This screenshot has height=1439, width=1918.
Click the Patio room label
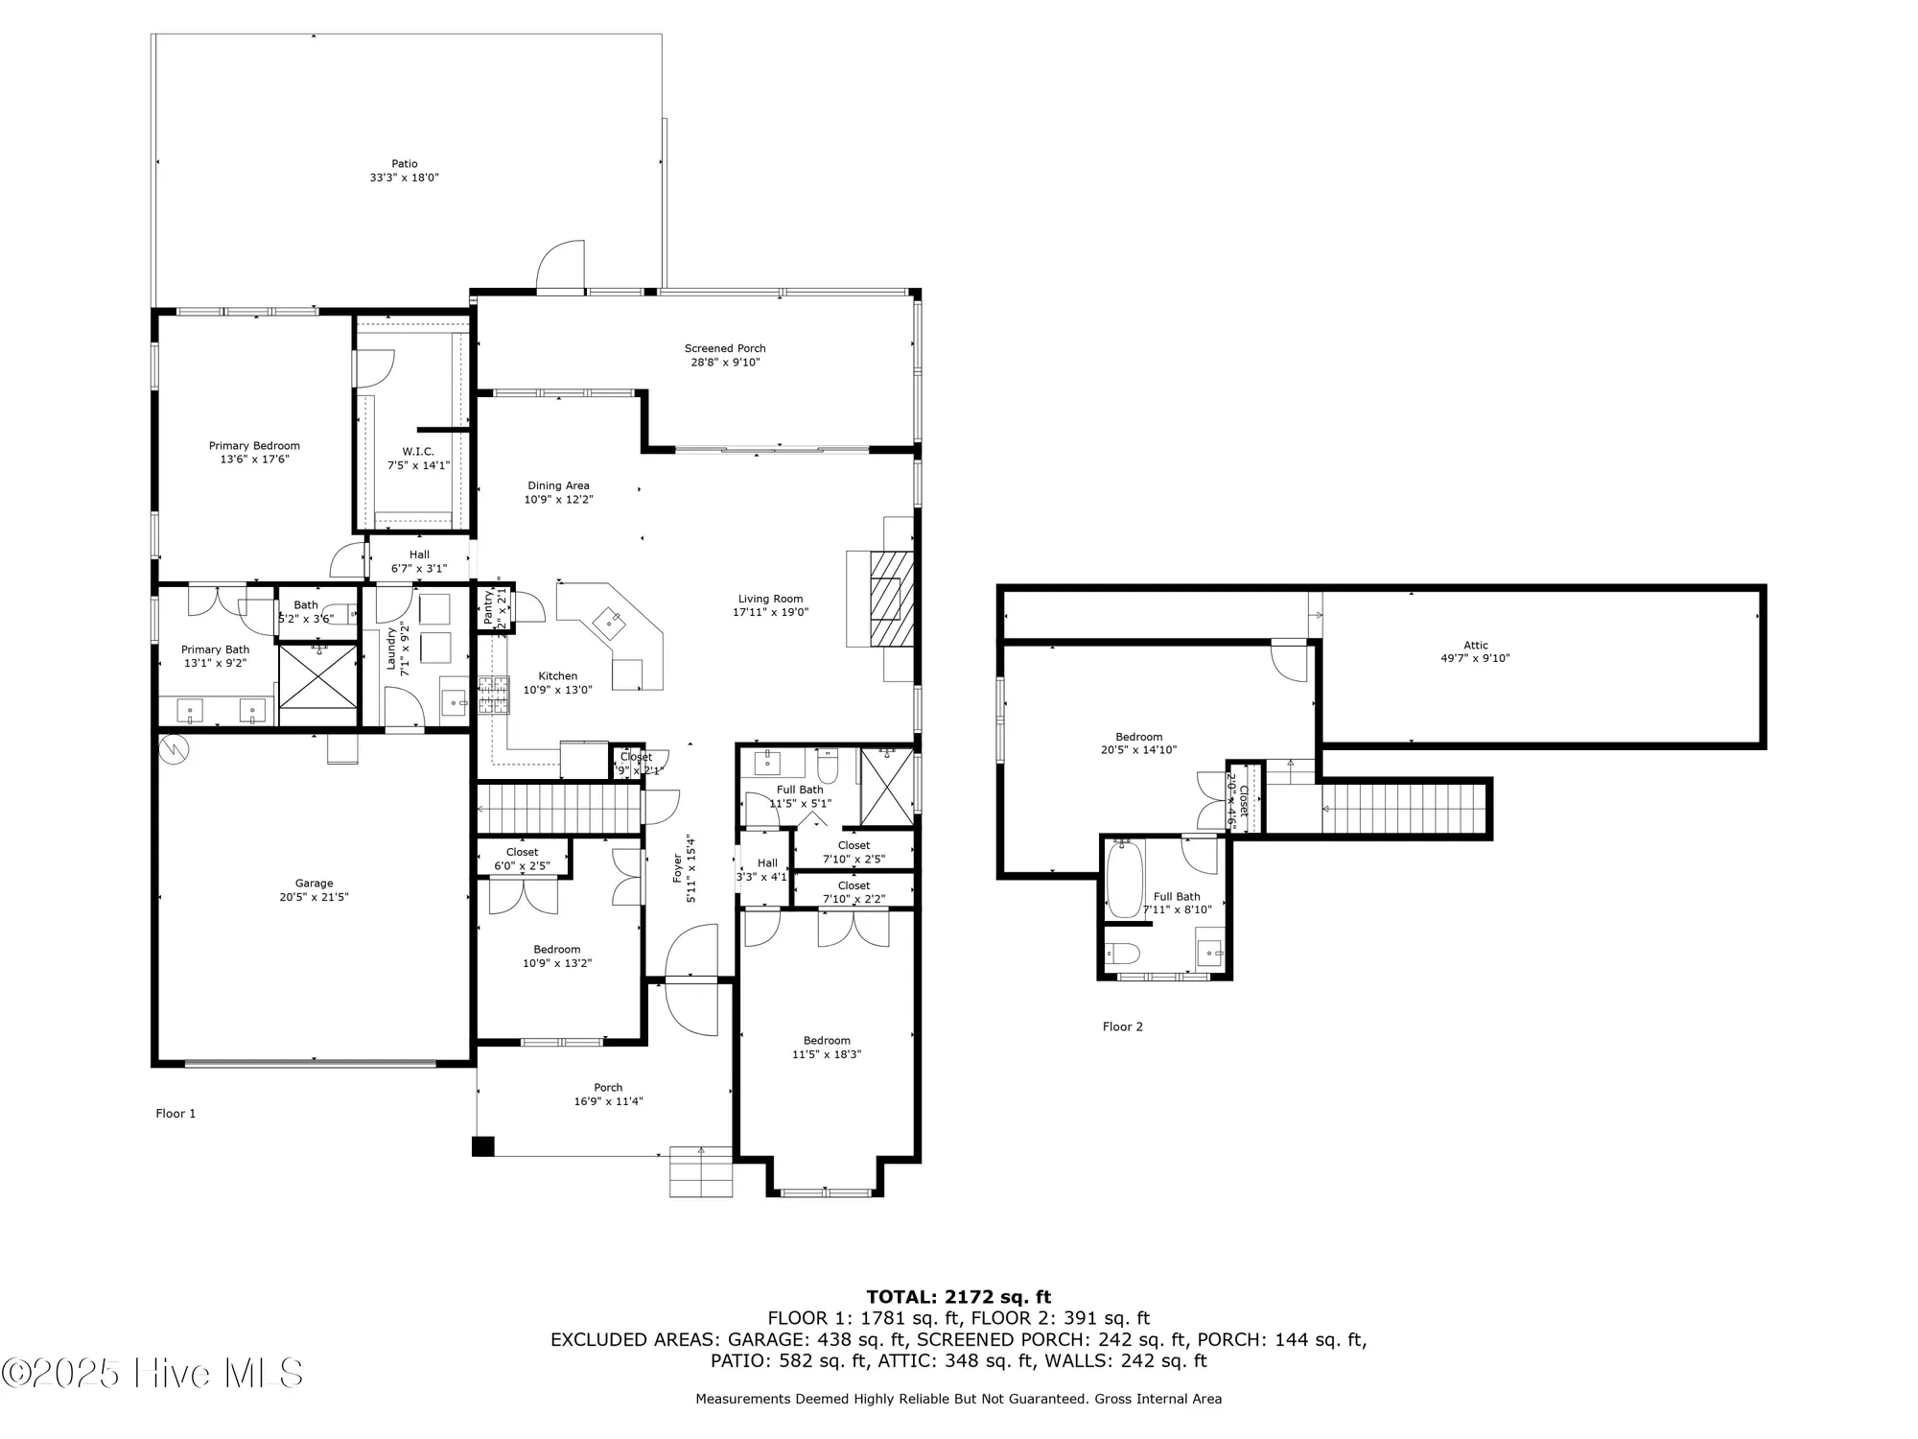point(404,164)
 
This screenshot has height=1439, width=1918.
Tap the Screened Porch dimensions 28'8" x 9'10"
point(725,363)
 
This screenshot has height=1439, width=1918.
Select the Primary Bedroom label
point(254,446)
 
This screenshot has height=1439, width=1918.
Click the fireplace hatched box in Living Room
point(892,599)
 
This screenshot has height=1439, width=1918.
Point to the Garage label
point(314,884)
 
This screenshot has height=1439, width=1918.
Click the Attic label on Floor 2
point(1475,646)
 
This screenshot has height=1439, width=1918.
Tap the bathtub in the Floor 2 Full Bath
point(1124,878)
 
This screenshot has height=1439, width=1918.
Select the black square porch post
point(483,1146)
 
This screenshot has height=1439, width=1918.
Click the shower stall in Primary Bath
point(317,675)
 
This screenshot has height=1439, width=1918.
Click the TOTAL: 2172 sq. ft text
point(958,1297)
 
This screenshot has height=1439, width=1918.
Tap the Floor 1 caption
point(175,1114)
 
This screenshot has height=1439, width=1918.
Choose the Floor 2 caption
point(1122,1026)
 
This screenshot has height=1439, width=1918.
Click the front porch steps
point(701,1171)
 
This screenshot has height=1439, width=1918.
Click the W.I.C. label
point(418,452)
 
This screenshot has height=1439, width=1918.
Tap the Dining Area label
point(558,486)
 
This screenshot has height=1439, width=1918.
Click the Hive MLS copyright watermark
point(153,1374)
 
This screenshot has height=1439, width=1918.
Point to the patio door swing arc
point(561,264)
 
